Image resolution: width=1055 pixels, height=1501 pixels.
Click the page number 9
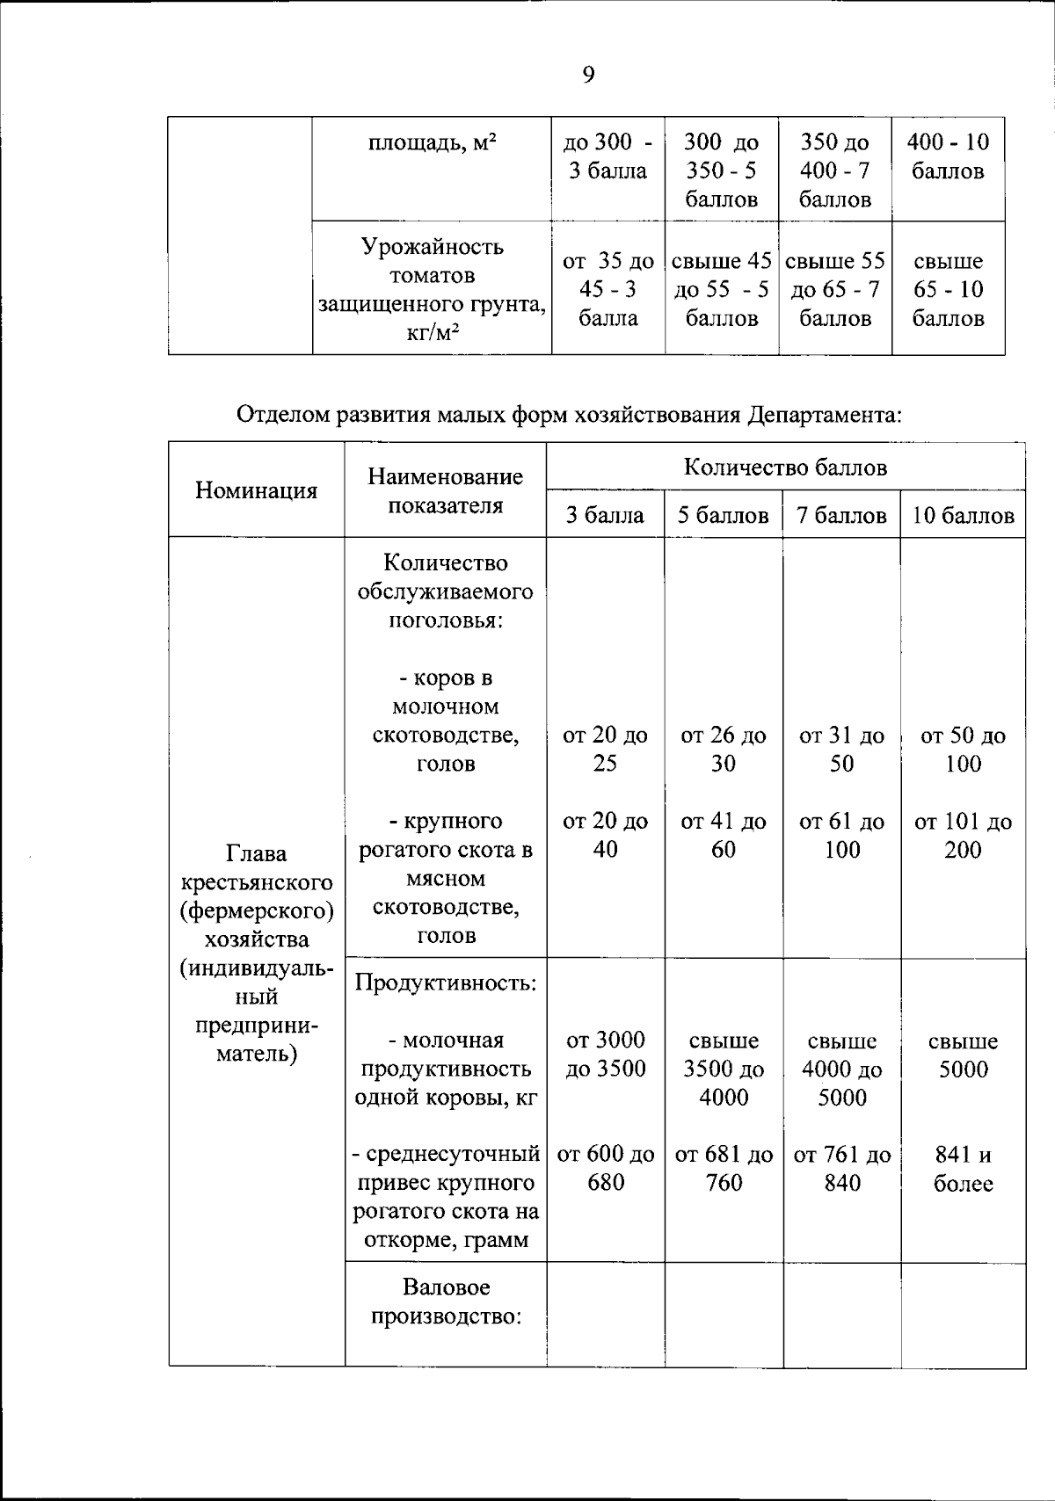588,76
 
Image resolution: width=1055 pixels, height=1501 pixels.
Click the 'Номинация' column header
256,490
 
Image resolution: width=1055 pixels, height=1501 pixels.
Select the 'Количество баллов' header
785,468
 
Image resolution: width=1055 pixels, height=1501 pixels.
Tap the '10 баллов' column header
963,516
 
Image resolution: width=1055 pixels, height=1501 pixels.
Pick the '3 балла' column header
605,516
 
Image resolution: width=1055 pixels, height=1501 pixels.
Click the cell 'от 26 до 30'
723,750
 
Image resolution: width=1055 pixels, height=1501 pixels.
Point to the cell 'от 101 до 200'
963,836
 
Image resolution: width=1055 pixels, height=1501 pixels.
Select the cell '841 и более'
963,1170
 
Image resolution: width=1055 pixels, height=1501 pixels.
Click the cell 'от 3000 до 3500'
605,1055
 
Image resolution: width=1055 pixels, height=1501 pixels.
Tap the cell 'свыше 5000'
963,1055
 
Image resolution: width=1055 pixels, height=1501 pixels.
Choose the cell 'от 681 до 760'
723,1170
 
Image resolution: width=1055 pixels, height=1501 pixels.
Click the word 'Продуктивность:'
446,983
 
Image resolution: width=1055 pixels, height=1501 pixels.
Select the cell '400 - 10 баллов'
948,156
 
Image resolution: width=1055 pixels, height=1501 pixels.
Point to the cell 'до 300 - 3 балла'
608,156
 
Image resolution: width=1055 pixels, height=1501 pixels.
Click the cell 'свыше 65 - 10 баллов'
948,290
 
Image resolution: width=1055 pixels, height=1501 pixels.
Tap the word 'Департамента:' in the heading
826,414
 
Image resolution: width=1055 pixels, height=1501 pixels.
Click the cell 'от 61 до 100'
841,836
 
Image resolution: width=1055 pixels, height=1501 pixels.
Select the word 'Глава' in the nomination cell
256,853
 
